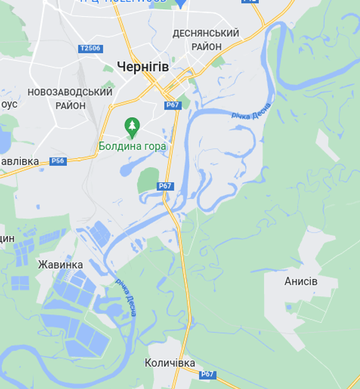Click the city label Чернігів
[143, 66]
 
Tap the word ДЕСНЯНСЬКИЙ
[206, 33]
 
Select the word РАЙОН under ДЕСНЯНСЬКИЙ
[206, 47]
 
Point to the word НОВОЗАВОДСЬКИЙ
[70, 92]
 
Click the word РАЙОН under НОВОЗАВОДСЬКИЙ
[70, 106]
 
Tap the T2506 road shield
[90, 49]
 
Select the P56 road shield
[58, 161]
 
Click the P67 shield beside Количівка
[207, 374]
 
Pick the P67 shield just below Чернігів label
[172, 105]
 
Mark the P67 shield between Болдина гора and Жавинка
[165, 186]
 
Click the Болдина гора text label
[132, 147]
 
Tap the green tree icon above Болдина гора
[132, 125]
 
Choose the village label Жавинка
[60, 265]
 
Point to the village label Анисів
[301, 281]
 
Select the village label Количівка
[170, 363]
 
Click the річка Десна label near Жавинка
[126, 297]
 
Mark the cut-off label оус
[8, 104]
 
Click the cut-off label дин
[6, 239]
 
